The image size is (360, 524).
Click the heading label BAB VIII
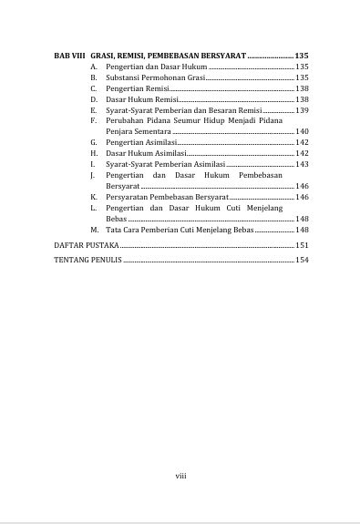(68, 57)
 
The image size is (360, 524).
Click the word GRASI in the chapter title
(104, 57)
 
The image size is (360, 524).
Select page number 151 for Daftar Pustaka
(303, 246)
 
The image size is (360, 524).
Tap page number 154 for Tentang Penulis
(303, 261)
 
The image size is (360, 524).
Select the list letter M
(94, 230)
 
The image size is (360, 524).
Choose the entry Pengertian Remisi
(138, 88)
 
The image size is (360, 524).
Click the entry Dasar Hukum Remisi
(141, 99)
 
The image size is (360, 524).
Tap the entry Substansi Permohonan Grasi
(155, 78)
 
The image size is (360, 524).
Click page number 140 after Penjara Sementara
(303, 132)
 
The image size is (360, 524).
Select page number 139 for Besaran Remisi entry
(303, 110)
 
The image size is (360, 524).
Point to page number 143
(303, 164)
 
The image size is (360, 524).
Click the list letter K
(93, 197)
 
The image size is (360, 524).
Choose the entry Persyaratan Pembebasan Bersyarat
(167, 197)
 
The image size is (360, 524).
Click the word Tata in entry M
(114, 230)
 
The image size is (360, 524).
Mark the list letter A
(93, 67)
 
